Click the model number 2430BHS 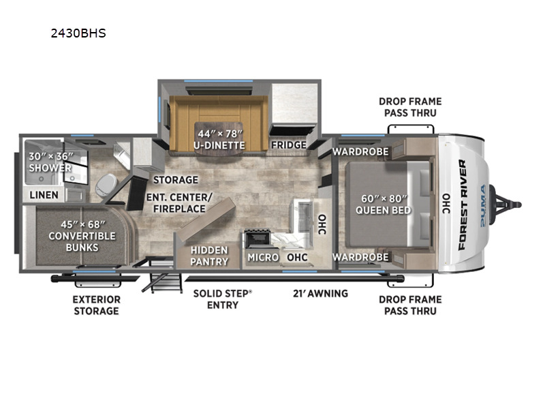point(78,33)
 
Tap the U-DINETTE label point(219,145)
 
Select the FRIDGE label point(289,145)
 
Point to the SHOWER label point(50,168)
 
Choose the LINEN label point(44,195)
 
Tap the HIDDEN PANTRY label point(209,256)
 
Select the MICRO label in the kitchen point(263,258)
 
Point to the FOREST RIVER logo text point(462,204)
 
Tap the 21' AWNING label point(320,294)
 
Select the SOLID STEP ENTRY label point(223,299)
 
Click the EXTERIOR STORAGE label point(96,305)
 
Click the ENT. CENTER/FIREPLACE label point(179,202)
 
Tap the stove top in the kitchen point(258,239)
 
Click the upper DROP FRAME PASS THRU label point(410,107)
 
